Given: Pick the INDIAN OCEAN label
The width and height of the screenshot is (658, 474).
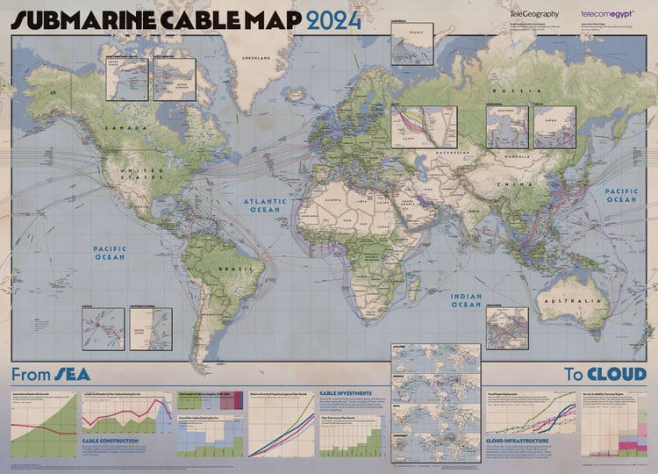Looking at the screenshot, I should [x=466, y=300].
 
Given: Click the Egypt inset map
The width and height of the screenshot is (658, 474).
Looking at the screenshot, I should [x=424, y=127].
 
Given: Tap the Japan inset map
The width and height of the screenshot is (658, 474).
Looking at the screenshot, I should [x=554, y=127].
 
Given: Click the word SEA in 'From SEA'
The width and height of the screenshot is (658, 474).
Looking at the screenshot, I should [x=73, y=373].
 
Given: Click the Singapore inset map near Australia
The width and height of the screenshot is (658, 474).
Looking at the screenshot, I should [x=507, y=328].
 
